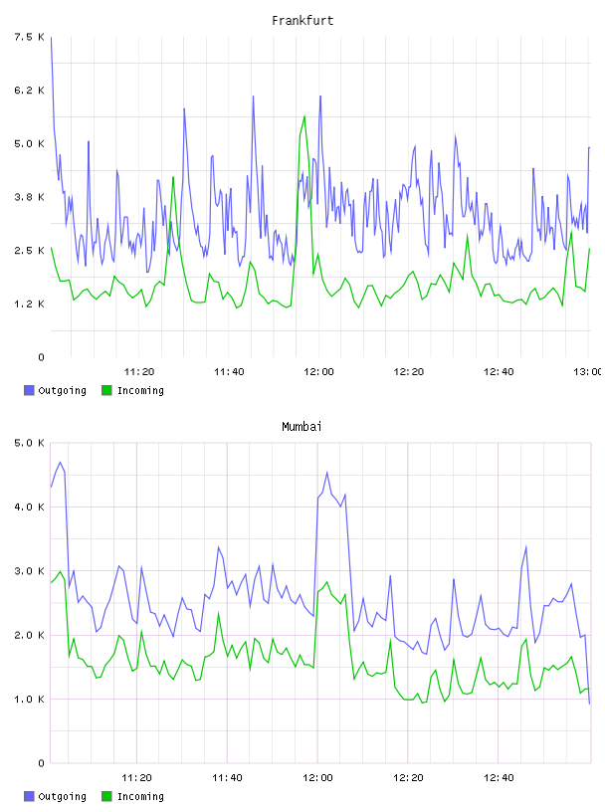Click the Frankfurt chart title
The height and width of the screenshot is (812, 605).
(302, 21)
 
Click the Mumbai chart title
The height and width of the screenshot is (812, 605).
(302, 427)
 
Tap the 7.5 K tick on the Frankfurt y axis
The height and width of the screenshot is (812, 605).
(29, 37)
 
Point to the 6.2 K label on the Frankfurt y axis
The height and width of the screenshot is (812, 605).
(29, 91)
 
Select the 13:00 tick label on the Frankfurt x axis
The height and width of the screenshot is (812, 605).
(587, 371)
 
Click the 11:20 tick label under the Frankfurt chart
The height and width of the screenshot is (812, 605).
(139, 371)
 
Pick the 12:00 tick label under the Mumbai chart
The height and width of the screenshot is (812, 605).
(317, 777)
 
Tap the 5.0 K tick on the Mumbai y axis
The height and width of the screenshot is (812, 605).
(29, 443)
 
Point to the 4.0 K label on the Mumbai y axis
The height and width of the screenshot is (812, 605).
(29, 507)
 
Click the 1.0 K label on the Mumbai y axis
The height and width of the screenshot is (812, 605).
(29, 700)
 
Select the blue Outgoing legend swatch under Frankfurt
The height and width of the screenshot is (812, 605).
(29, 390)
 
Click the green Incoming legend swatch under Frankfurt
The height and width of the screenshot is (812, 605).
(106, 390)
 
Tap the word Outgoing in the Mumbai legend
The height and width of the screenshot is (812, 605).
(62, 796)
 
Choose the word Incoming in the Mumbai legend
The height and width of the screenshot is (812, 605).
(140, 796)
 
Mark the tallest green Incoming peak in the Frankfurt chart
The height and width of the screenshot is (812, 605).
(304, 116)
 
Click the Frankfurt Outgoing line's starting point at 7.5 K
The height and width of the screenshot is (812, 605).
(51, 37)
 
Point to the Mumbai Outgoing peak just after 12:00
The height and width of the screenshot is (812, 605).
(326, 473)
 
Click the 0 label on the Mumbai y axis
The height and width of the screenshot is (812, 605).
(41, 763)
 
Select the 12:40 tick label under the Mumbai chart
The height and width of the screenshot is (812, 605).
(499, 777)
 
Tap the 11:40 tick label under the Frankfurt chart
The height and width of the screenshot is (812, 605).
(229, 371)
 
